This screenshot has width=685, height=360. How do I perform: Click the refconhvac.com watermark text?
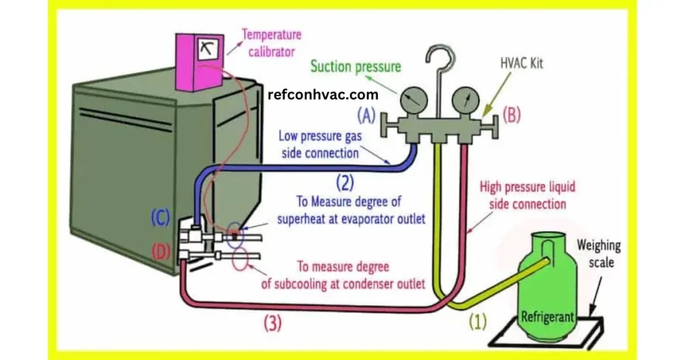[x=322, y=95]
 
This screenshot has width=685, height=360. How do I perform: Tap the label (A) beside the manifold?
[x=365, y=116]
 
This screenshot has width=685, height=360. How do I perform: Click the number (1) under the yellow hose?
[x=476, y=323]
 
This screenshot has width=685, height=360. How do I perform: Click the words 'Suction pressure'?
[x=355, y=66]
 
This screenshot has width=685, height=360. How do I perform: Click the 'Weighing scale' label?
[x=600, y=254]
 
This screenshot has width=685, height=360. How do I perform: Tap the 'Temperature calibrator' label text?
[x=271, y=41]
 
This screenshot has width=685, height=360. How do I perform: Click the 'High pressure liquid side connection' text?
[x=527, y=195]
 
